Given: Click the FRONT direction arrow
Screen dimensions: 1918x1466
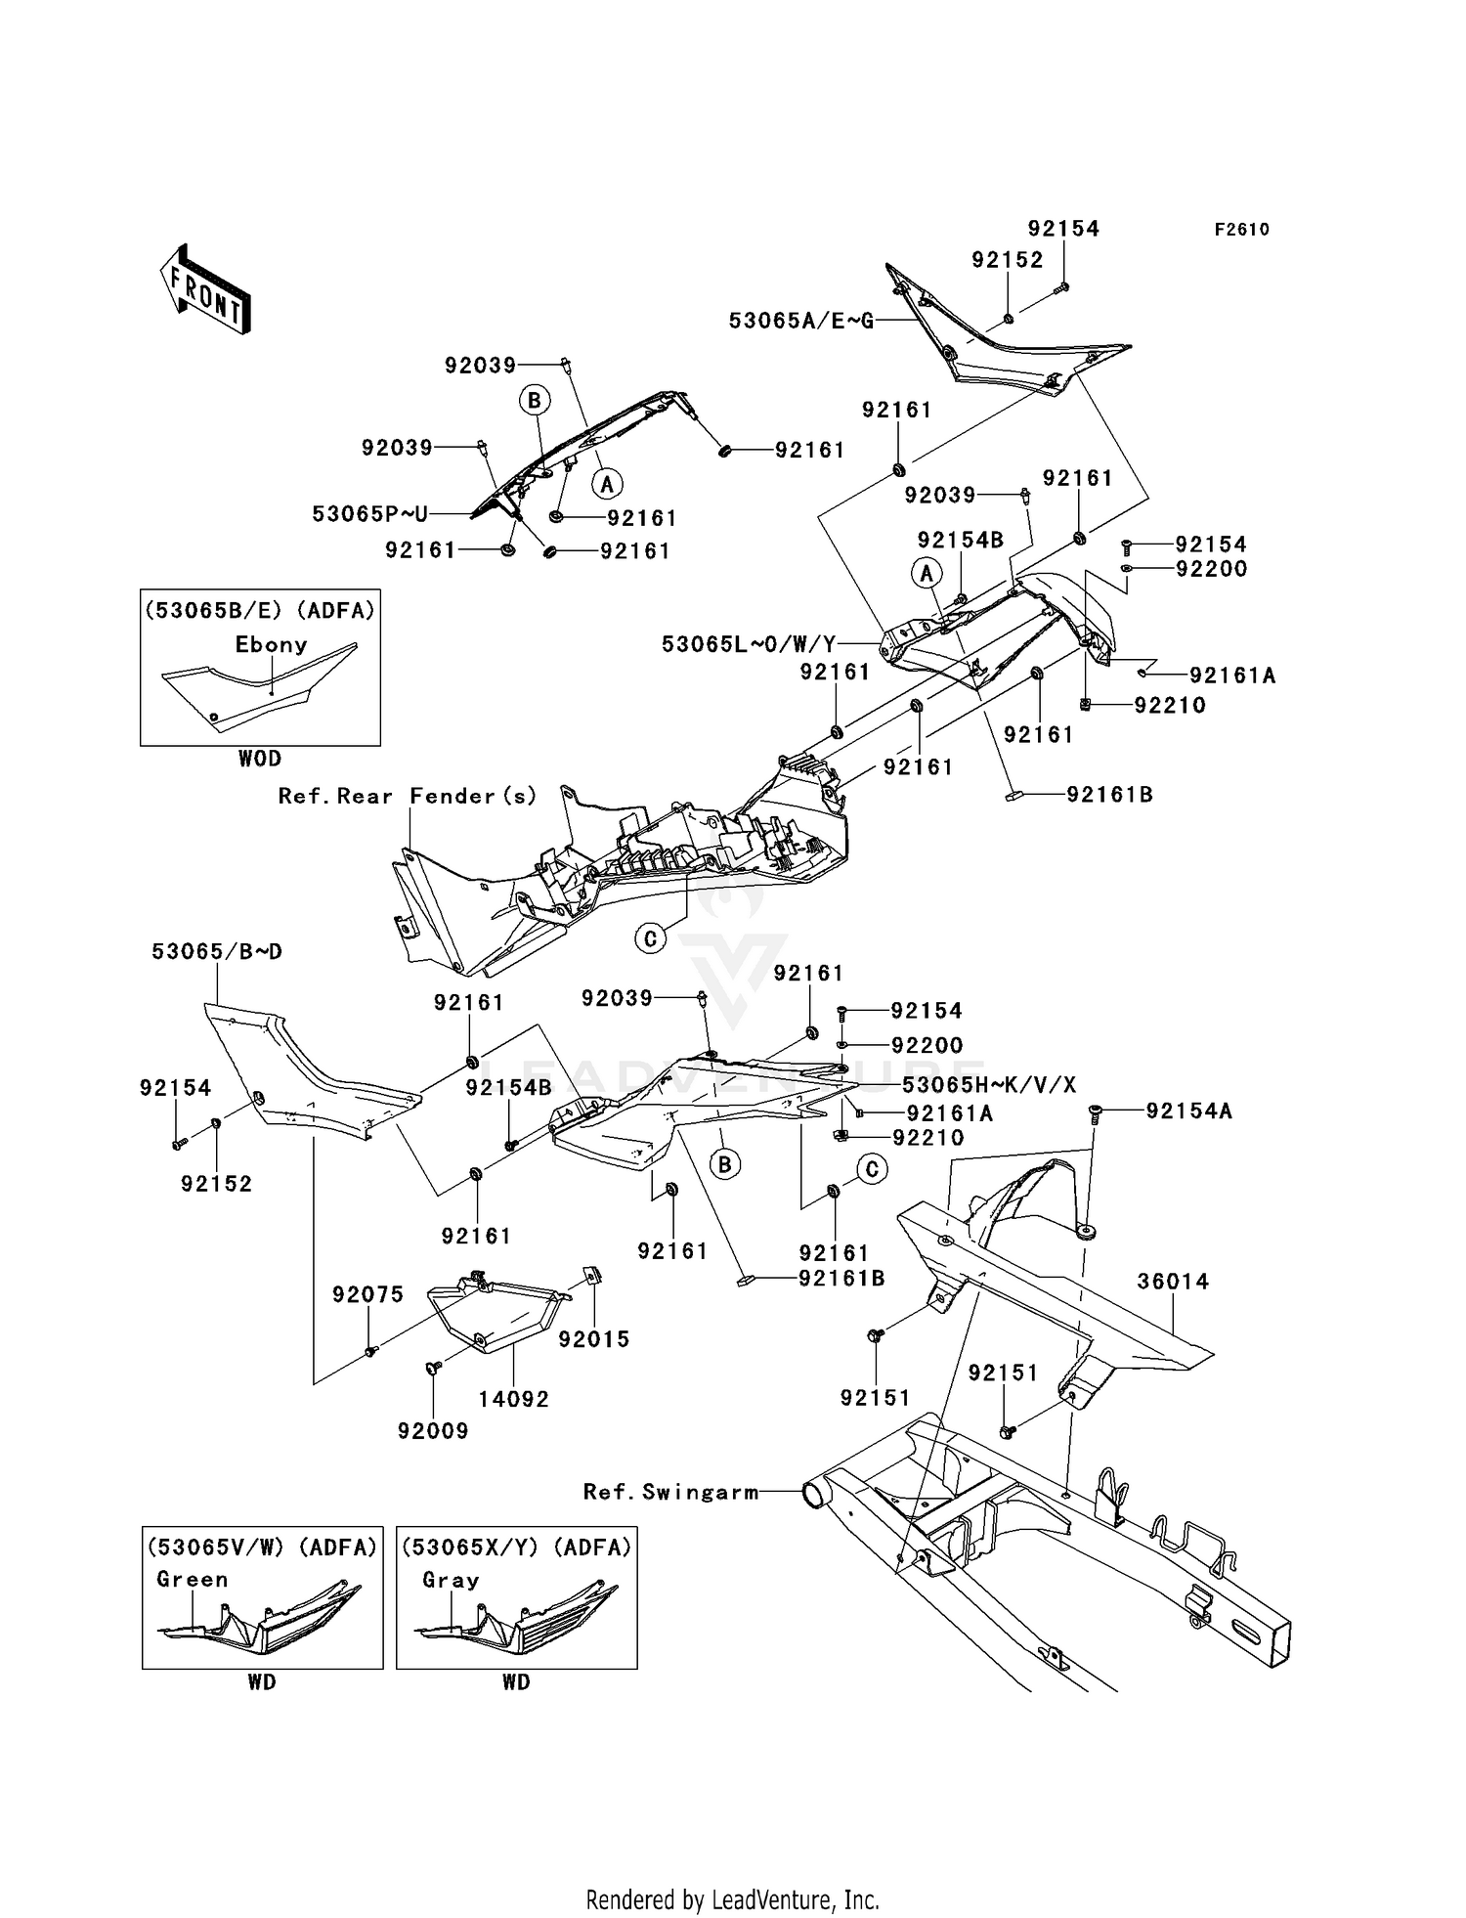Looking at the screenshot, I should point(206,289).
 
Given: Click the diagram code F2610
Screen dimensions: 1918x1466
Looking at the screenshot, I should point(1241,230).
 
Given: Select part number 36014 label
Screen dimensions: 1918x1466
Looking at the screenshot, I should point(1173,1282).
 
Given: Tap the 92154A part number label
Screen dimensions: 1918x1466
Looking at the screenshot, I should point(1188,1112).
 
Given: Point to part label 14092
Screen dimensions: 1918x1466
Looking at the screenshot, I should point(513,1399).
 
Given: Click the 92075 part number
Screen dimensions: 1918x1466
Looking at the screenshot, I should point(367,1294).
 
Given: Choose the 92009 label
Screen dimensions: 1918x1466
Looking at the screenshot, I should point(433,1431).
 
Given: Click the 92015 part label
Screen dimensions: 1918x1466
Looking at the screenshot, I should point(594,1339).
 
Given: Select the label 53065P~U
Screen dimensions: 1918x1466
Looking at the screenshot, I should point(369,514).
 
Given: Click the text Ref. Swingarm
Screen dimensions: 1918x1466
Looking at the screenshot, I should point(670,1492).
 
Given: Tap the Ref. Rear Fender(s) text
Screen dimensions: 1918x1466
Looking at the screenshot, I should point(408,797).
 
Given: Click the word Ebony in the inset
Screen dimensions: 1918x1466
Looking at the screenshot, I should point(271,645).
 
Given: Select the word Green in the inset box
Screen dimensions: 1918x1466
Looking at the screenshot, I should point(193,1580).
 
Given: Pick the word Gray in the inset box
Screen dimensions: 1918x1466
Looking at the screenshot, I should point(451,1580).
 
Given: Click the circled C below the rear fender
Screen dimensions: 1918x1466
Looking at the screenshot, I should point(650,939).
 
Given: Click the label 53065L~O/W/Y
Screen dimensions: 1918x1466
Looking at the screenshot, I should point(749,644).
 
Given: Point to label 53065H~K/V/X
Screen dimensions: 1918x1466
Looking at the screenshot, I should point(988,1085).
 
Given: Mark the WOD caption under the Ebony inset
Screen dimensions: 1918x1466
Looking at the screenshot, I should point(259,759).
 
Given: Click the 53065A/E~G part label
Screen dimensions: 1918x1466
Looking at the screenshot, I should point(801,321).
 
